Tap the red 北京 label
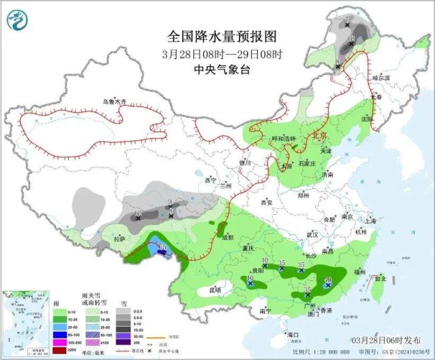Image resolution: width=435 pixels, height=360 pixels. point(321,135)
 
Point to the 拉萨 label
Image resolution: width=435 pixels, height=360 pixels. point(119,238)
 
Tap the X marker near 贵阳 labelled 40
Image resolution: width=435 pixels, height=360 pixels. point(266,266)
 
